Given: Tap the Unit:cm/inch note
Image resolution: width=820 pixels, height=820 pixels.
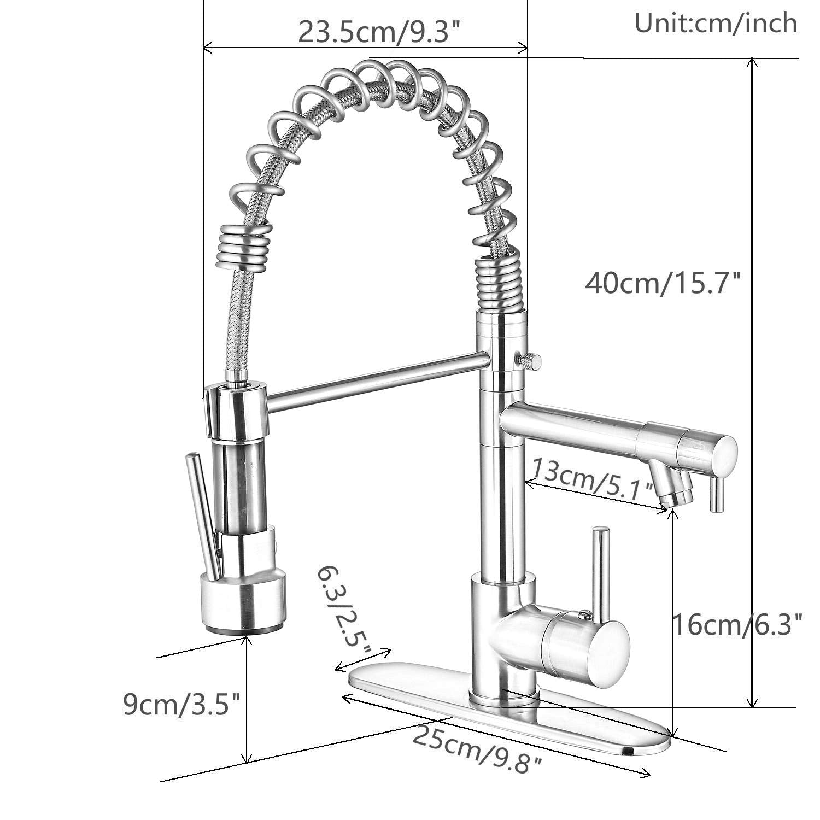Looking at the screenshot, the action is click(x=716, y=23).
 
